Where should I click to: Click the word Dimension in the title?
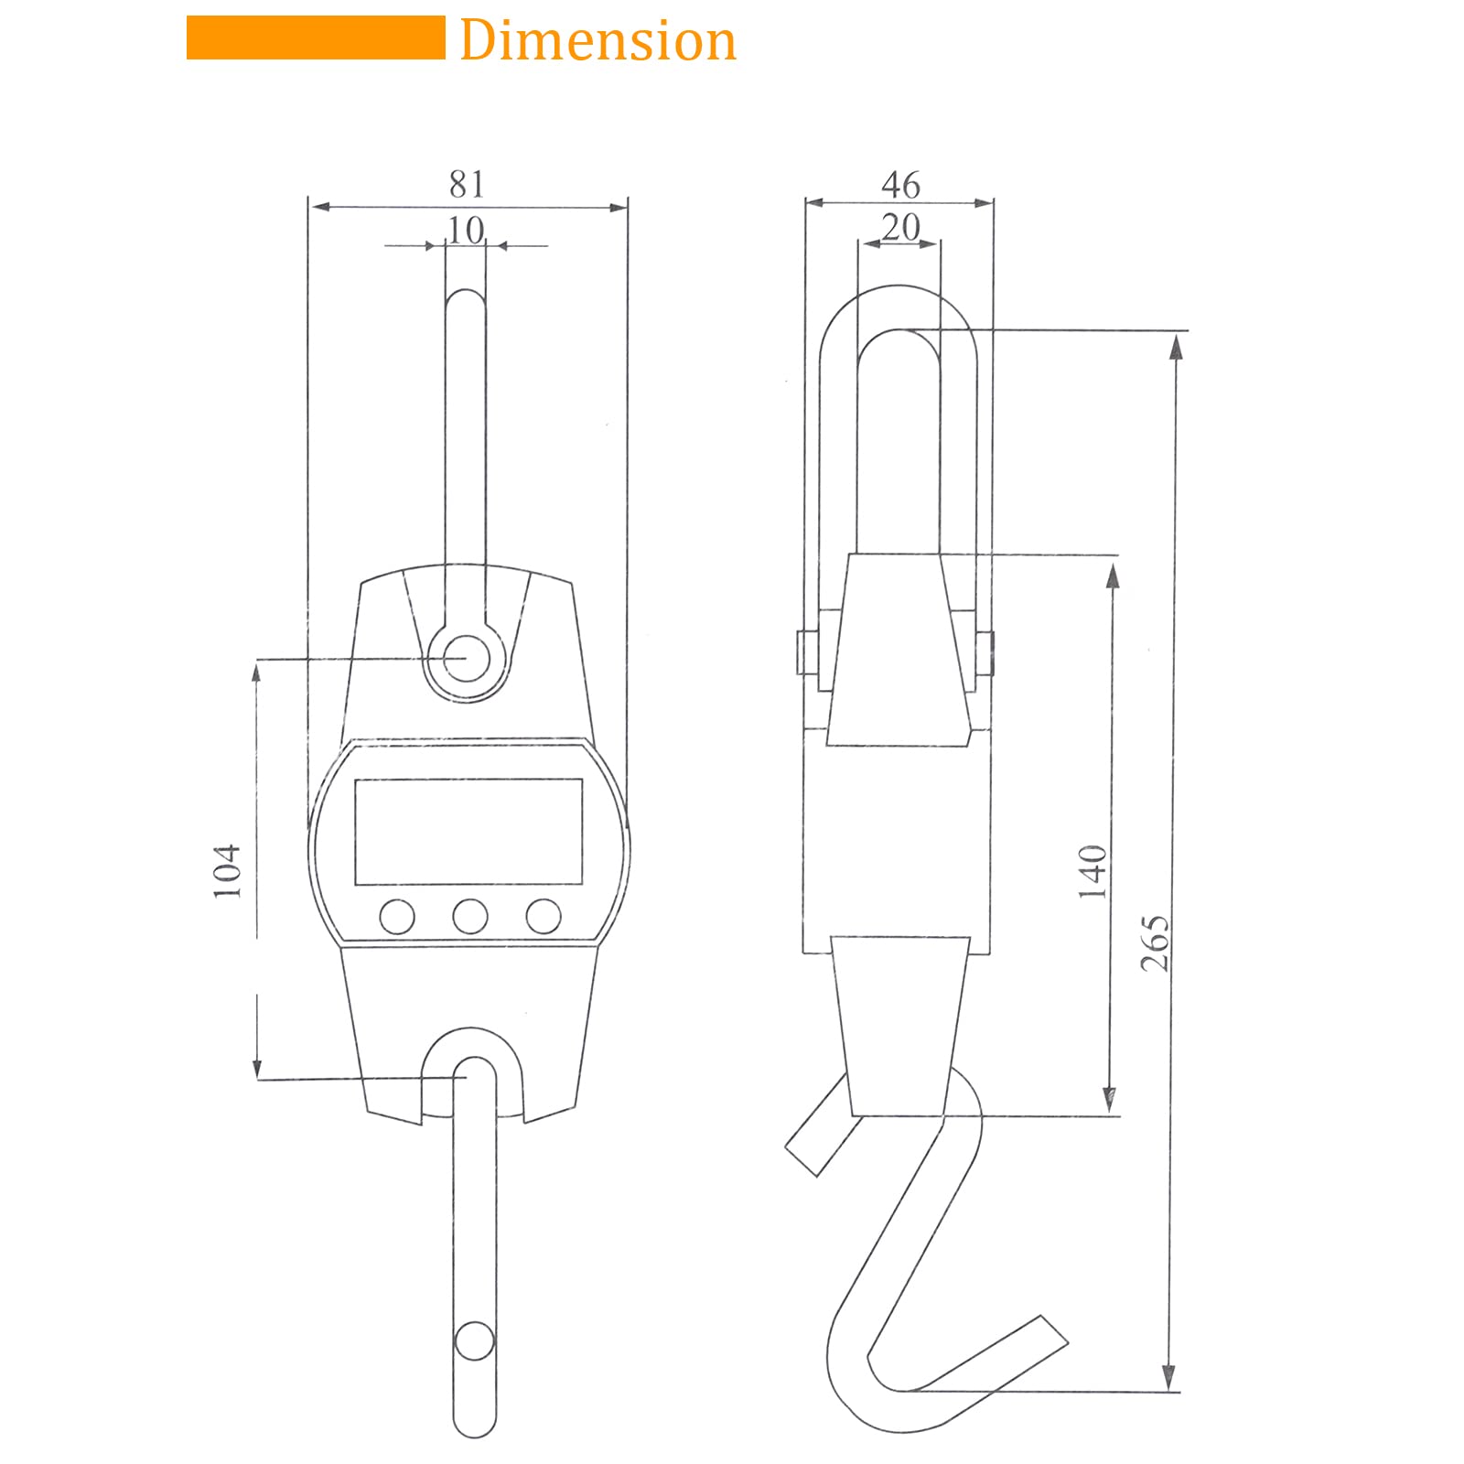coord(597,41)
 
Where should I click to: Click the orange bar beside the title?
coord(316,38)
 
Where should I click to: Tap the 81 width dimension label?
coord(467,184)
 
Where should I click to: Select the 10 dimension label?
coord(466,231)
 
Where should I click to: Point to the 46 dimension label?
coord(900,185)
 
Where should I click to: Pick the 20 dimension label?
coord(900,227)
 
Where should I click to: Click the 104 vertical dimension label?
coord(227,870)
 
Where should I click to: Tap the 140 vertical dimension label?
coord(1093,871)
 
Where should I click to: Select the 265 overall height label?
coord(1155,942)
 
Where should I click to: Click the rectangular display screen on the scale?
coord(468,832)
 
